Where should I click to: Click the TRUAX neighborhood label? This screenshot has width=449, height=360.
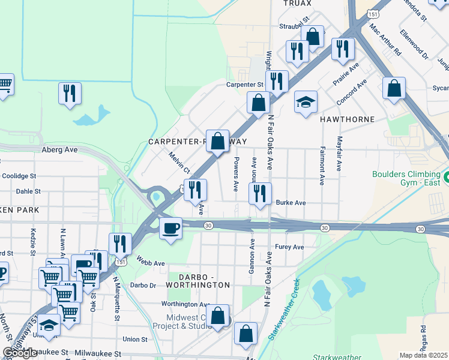coord(298,4)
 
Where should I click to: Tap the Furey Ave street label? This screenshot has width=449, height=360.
coord(289,247)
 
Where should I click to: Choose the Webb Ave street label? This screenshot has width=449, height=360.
coord(150,263)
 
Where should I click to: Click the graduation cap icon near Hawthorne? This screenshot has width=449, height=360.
coord(306,101)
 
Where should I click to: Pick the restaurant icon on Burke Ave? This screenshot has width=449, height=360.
coord(259,194)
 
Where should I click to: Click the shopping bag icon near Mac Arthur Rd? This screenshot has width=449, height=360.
coord(394,88)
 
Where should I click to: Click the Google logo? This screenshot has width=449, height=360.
coord(20,353)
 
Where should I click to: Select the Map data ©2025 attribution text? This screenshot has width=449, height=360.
coord(423,355)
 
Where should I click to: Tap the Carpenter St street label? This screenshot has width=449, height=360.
coord(244,85)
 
